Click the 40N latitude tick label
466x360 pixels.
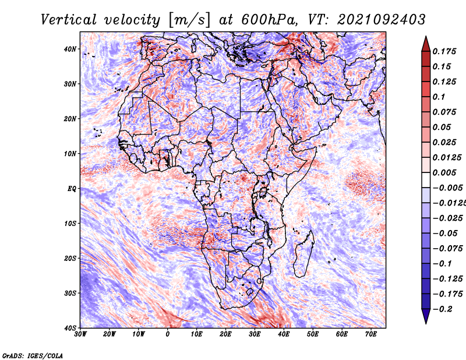point(70,49)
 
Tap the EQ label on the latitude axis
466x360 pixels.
point(72,189)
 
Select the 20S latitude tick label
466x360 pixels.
point(70,258)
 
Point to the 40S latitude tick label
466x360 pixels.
point(70,328)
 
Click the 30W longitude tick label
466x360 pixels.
point(80,334)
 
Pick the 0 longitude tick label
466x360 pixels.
point(168,334)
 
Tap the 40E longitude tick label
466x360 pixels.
point(284,334)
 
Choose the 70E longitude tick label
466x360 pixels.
point(371,334)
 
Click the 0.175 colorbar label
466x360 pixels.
point(444,51)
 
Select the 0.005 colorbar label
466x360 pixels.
point(444,172)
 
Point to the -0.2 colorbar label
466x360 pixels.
point(443,309)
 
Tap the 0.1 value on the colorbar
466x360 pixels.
point(439,97)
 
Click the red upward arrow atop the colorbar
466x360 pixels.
point(426,44)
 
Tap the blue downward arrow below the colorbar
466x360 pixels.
point(426,316)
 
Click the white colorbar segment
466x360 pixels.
point(426,180)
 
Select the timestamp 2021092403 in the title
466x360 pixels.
point(382,20)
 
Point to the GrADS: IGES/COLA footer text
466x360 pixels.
point(33,355)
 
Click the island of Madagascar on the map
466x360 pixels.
point(303,254)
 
